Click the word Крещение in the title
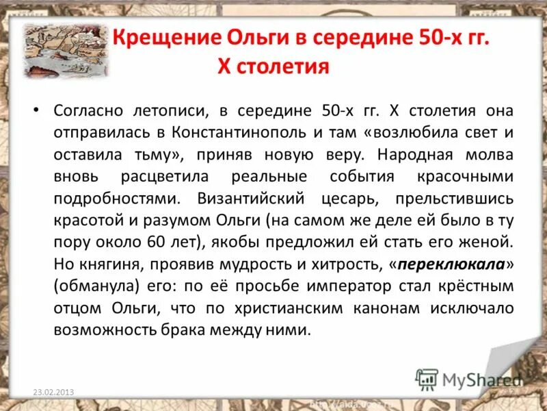click(154, 38)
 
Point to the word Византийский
click(243, 199)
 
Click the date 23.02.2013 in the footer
click(53, 392)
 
